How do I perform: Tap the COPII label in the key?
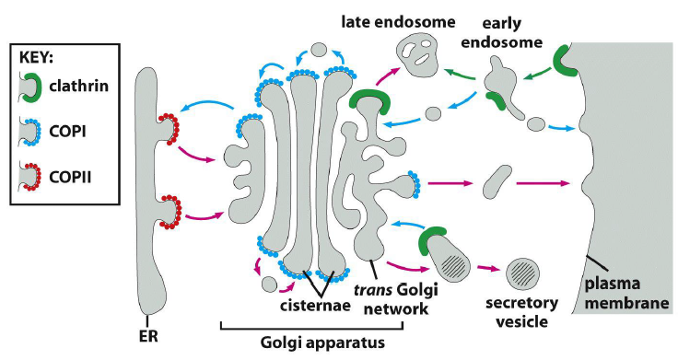pos(77,178)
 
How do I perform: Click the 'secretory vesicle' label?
pos(514,312)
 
